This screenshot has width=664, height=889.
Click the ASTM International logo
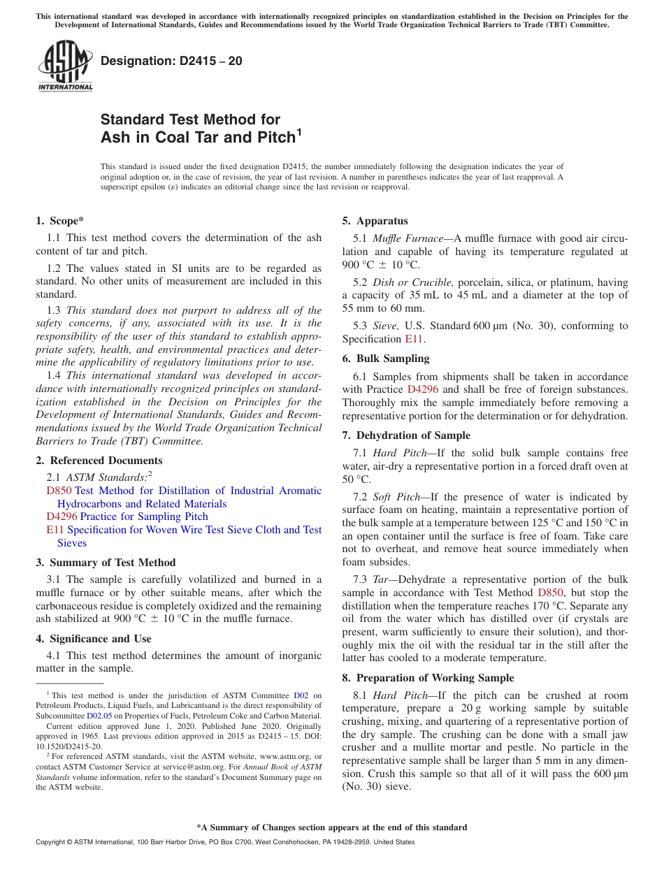click(65, 66)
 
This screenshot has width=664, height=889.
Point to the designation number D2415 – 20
click(171, 61)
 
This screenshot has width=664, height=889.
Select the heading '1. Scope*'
click(60, 221)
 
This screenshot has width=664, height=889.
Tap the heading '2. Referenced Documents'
click(99, 461)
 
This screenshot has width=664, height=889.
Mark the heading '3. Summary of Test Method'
click(106, 563)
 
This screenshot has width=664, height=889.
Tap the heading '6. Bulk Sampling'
click(386, 359)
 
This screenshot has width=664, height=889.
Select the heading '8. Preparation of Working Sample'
click(428, 678)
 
